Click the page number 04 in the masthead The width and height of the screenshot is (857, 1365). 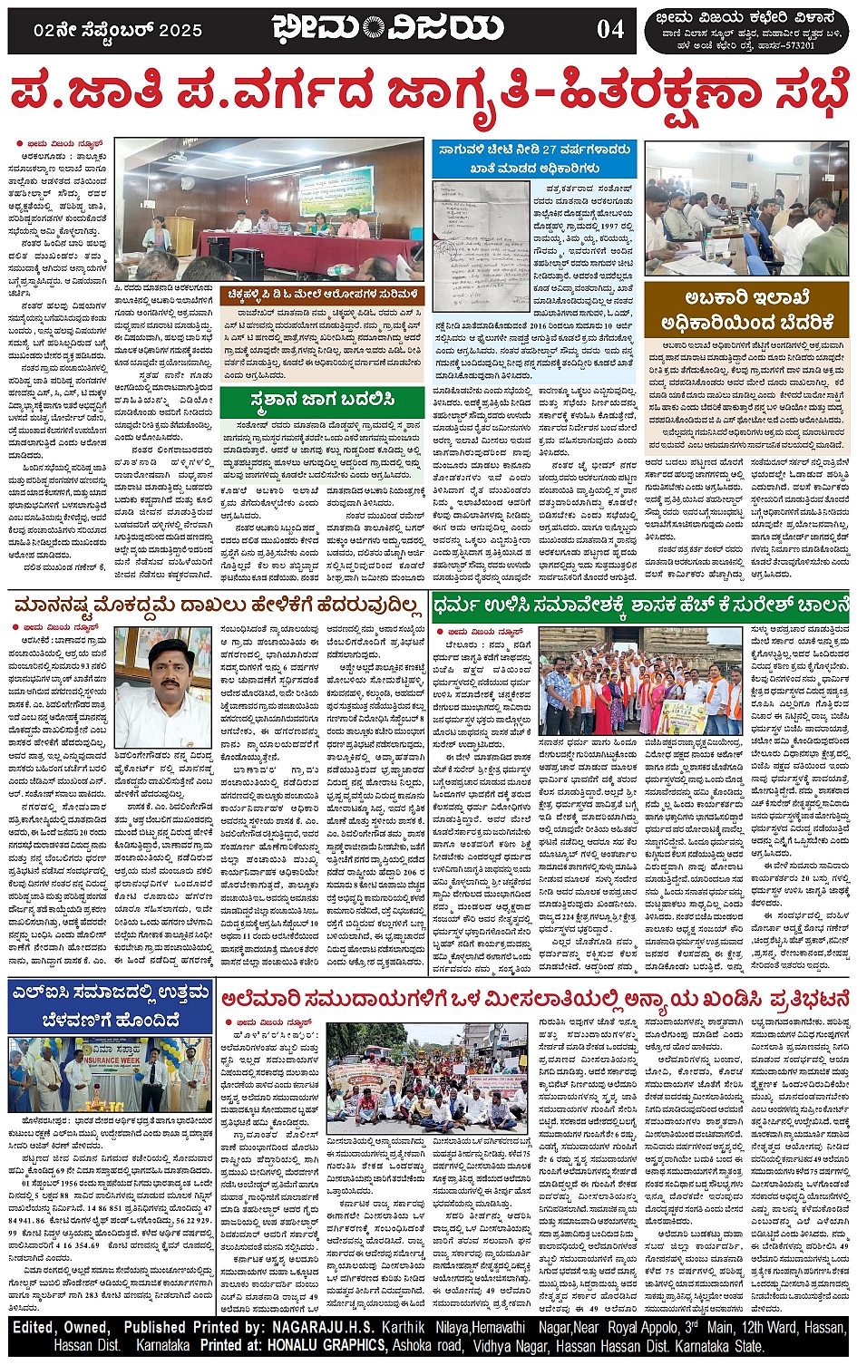coord(610,29)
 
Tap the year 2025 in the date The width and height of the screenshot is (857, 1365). coord(177,30)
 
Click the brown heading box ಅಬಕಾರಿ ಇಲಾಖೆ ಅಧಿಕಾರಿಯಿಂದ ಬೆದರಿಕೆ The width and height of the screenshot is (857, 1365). coord(746,310)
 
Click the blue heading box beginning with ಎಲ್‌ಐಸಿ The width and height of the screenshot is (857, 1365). coord(110,1005)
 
